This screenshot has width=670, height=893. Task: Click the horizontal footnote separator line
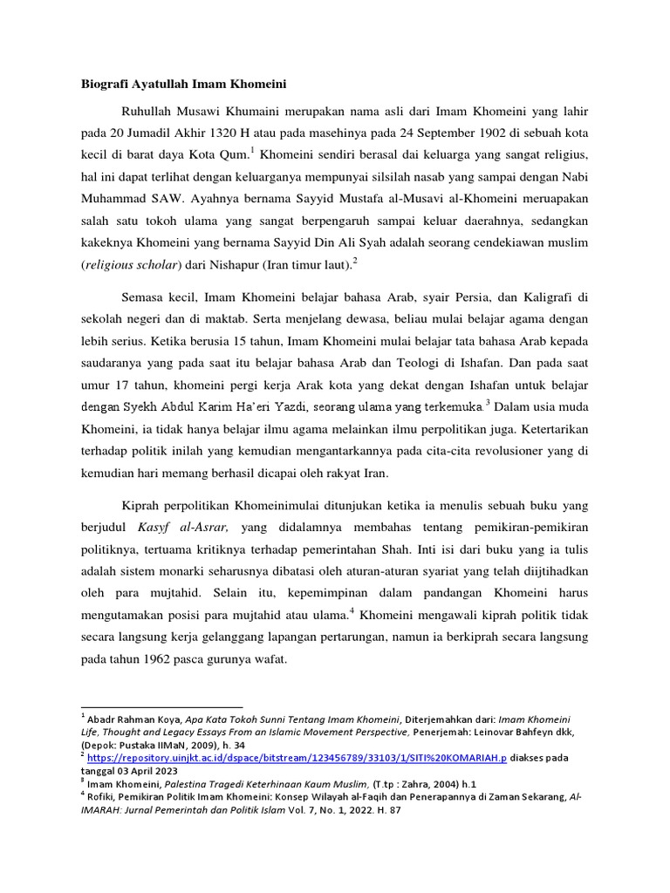point(161,707)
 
